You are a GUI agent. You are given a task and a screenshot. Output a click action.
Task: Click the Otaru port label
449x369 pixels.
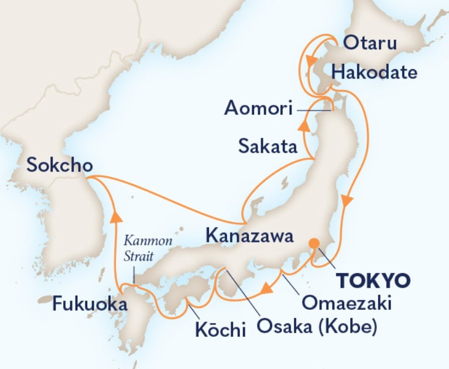pos(369,44)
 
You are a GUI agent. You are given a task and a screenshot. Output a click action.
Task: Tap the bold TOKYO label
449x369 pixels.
pos(373,280)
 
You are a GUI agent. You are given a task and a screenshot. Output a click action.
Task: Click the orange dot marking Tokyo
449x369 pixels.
pos(314,243)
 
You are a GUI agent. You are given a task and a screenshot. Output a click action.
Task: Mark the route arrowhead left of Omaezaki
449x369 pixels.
pos(267,289)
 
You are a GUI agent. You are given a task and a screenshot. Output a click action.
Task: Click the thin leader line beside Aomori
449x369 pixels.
pos(313,108)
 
